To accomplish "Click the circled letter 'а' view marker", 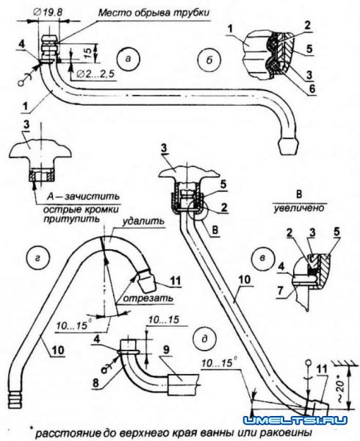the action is tap(128, 59).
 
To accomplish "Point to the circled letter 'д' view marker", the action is tap(205, 339).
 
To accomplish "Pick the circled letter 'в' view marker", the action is tap(262, 258).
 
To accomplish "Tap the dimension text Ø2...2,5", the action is tap(95, 74).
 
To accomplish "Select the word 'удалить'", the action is tap(143, 220).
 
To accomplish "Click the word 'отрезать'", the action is tap(148, 298).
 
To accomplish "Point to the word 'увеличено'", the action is tap(299, 209).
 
